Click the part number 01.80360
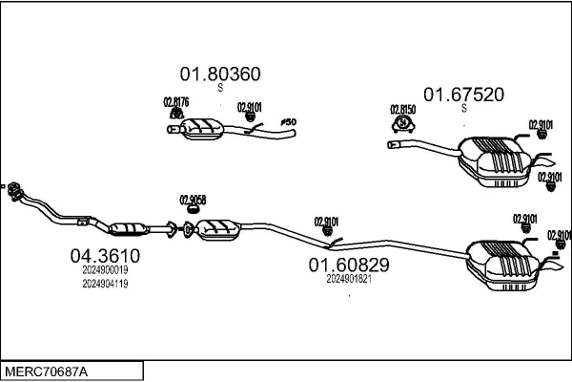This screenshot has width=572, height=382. tap(220, 74)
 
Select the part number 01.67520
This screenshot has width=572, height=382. tap(464, 94)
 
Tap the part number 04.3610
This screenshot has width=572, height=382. tap(105, 256)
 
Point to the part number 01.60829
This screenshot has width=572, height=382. tap(348, 264)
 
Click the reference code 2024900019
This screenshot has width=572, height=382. tap(105, 270)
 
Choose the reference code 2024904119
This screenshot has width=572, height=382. tap(105, 284)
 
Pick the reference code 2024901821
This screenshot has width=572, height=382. tap(348, 279)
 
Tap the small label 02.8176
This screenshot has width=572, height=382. tap(175, 101)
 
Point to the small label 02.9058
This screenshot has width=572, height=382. tap(193, 200)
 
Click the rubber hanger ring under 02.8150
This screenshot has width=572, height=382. tap(404, 123)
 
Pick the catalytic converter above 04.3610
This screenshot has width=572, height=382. tap(130, 228)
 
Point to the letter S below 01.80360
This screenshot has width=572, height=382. tap(220, 88)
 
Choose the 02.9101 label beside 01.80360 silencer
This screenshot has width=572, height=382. tap(249, 107)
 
